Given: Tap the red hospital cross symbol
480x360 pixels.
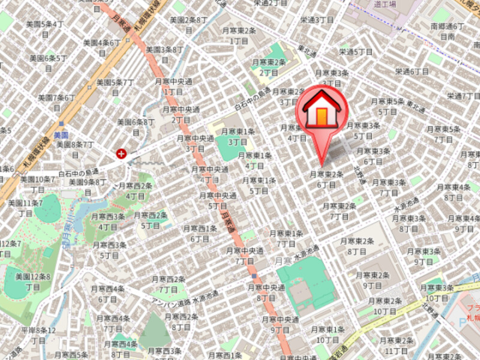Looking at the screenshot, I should click(122, 154).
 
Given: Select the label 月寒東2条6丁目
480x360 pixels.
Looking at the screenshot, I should click(326, 179).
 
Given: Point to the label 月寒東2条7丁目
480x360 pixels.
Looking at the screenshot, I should click(340, 211).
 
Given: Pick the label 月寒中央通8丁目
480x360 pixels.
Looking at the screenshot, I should click(266, 292).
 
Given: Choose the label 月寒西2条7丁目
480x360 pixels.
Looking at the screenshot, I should click(168, 284).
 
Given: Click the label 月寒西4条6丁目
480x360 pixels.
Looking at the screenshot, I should click(107, 293).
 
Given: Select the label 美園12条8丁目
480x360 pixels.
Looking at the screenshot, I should click(32, 281).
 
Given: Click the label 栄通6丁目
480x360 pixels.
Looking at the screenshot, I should click(412, 71).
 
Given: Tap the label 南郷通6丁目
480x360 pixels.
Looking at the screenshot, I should click(448, 31).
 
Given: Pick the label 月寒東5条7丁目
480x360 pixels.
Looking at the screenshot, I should click(443, 134).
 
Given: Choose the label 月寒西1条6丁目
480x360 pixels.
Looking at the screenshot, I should click(200, 233).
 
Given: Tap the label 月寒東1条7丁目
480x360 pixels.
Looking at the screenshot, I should click(286, 238).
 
